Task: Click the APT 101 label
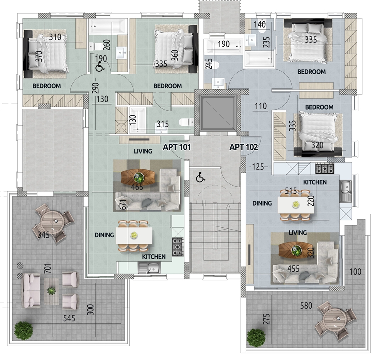[x=177, y=147]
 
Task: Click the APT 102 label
[x=244, y=147]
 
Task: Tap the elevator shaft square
[x=218, y=113]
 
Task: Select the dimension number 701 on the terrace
[x=48, y=268]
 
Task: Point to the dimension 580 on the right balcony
[x=306, y=306]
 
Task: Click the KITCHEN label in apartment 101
[x=154, y=257]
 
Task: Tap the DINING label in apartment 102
[x=262, y=203]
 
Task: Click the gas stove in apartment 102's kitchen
[x=325, y=168]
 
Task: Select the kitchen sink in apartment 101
[x=149, y=268]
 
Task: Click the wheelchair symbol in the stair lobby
[x=200, y=177]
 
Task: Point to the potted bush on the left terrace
[x=24, y=331]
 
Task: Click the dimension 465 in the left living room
[x=137, y=187]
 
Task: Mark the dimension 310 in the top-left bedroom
[x=55, y=37]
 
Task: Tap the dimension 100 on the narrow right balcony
[x=355, y=272]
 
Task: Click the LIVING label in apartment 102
[x=298, y=233]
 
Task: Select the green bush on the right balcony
[x=256, y=338]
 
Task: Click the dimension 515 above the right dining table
[x=291, y=191]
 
